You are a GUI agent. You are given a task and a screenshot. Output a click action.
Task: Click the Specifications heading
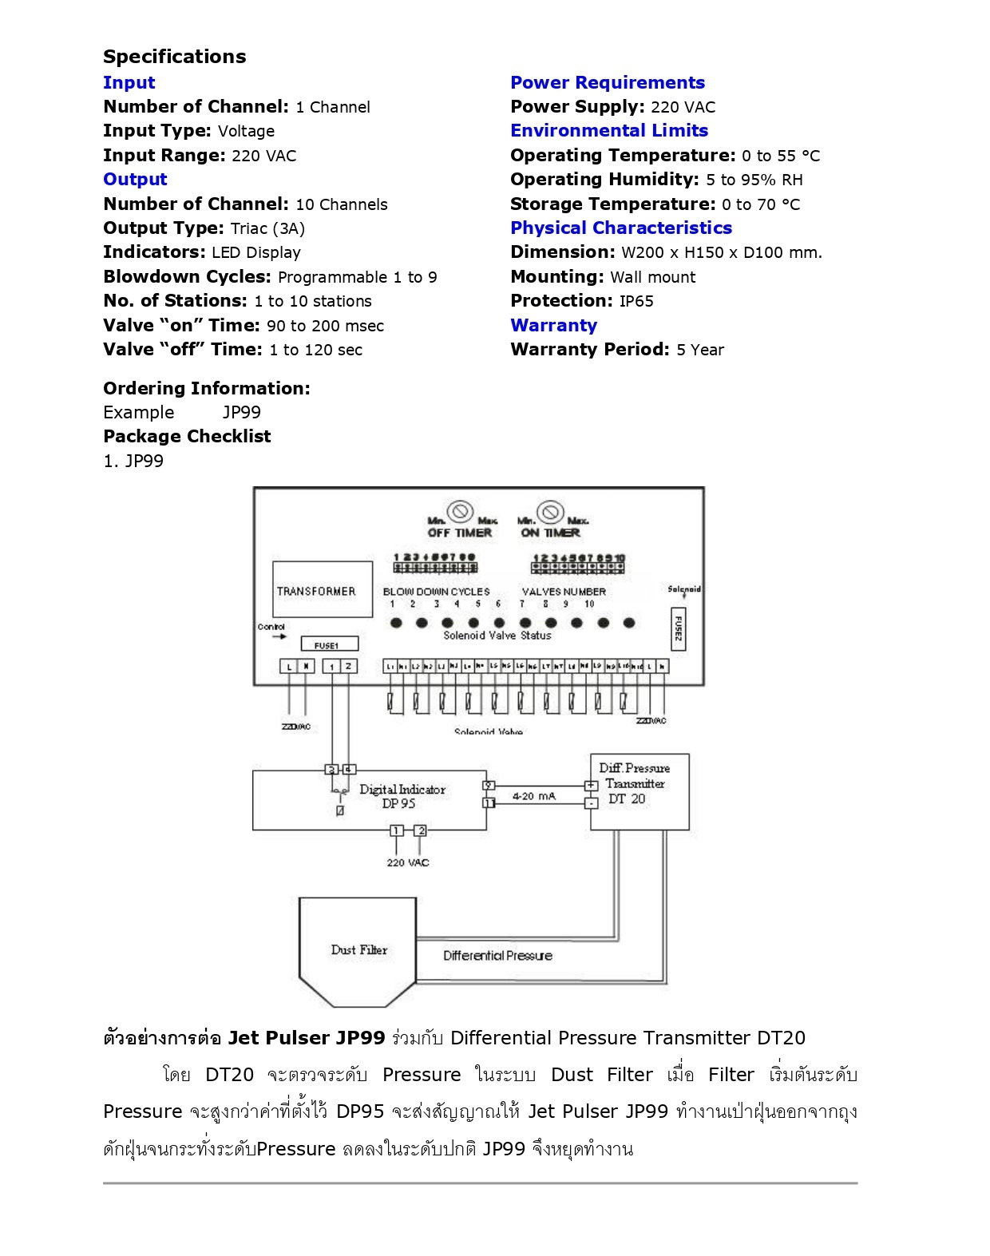(x=174, y=57)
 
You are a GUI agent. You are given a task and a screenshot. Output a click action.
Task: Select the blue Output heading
(x=135, y=180)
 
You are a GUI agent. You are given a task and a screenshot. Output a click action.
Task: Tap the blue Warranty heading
(x=553, y=326)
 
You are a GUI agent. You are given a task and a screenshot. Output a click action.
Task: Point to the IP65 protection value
(x=636, y=302)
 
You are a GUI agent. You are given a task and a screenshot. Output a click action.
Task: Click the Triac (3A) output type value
(x=267, y=229)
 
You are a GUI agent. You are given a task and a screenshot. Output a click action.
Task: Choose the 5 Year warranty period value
(x=700, y=351)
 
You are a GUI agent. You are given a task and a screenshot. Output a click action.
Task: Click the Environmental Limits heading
(x=609, y=131)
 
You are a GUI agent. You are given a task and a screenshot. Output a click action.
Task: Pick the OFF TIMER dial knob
(x=460, y=511)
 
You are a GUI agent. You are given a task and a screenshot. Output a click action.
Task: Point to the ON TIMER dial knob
(x=550, y=511)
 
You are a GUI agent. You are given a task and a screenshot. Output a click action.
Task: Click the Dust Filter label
(x=358, y=950)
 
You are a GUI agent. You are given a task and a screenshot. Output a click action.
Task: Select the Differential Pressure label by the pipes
(x=497, y=956)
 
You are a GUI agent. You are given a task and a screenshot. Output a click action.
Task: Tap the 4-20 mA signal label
(x=533, y=796)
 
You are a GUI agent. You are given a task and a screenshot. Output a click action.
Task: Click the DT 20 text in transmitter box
(x=627, y=798)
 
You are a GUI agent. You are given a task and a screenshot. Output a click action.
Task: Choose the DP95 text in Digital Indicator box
(x=398, y=804)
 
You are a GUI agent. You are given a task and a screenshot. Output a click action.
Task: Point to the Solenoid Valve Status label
(x=497, y=636)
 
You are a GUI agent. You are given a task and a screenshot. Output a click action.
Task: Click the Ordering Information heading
(x=207, y=389)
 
